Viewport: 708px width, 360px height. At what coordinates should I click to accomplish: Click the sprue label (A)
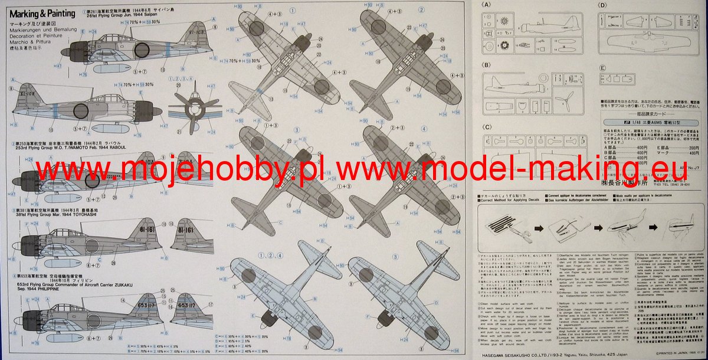pyautogui.click(x=486, y=5)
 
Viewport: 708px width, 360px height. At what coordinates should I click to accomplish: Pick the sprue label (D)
pyautogui.click(x=602, y=5)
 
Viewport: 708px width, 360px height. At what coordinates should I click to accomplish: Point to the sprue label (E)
pyautogui.click(x=602, y=68)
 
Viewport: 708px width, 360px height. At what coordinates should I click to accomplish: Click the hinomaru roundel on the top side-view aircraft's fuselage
pyautogui.click(x=141, y=50)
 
